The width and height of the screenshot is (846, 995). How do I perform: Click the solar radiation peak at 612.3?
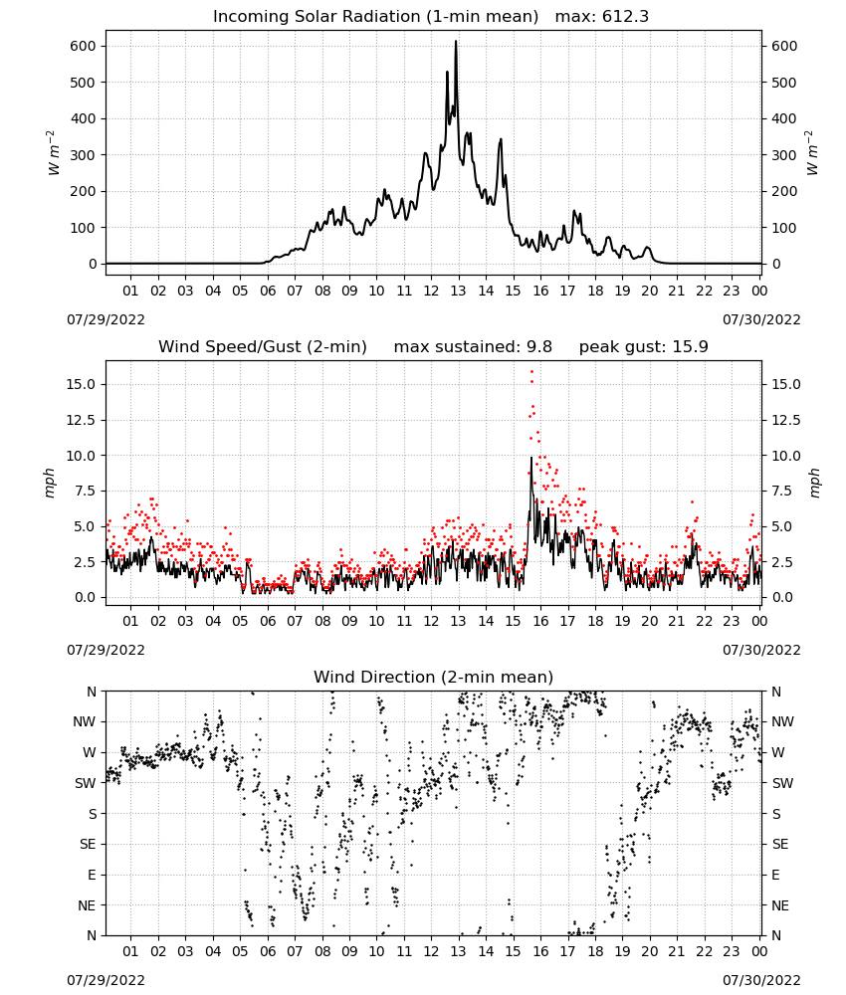point(456,42)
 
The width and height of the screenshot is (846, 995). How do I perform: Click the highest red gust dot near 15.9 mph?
point(531,371)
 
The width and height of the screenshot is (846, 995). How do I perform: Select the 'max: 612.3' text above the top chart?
point(602,17)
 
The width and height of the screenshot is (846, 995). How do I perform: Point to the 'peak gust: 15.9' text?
point(644,347)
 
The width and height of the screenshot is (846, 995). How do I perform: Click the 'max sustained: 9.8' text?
point(473,347)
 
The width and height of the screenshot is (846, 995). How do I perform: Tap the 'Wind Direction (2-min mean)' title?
point(434,677)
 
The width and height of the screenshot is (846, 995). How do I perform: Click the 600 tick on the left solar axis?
point(84,47)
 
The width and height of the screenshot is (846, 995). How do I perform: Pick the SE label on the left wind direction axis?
point(88,844)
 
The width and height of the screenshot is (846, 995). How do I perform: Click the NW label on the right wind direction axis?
point(782,722)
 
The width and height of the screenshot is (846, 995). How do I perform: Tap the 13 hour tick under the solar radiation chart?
point(458,291)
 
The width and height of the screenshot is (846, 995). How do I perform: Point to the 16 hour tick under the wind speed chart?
point(540,621)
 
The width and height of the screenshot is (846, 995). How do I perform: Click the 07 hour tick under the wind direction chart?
point(295,951)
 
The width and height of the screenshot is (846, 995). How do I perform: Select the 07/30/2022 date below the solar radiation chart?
point(761,319)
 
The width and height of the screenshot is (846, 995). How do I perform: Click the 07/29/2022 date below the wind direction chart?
point(106,980)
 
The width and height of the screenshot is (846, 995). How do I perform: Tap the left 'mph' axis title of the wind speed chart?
point(50,483)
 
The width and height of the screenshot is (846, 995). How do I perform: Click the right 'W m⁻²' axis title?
point(812,153)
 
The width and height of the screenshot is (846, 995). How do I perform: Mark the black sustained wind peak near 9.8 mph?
point(531,458)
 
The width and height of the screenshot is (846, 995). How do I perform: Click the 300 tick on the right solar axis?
point(784,155)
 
